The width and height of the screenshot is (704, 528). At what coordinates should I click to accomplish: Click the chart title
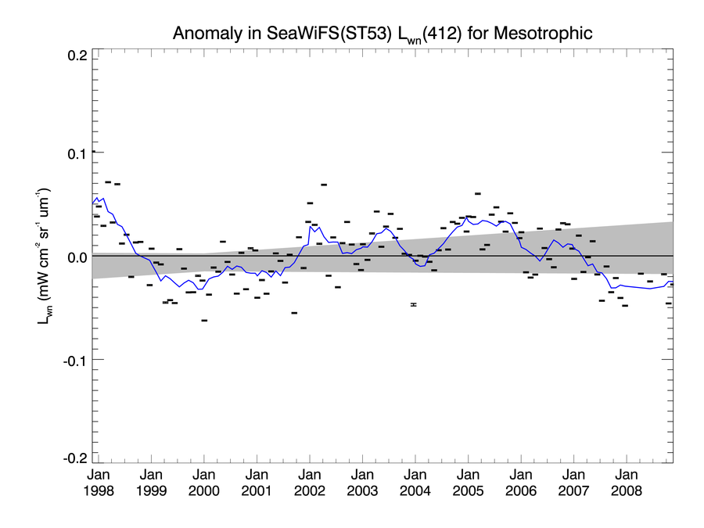click(383, 34)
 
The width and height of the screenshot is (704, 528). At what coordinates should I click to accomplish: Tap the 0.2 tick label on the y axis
click(76, 56)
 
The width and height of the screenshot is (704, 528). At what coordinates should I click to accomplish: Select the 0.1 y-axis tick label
click(76, 154)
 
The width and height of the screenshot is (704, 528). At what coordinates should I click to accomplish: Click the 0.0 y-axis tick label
click(76, 257)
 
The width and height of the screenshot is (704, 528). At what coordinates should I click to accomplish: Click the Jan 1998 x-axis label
click(99, 483)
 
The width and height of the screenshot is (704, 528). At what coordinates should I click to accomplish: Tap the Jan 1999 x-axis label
click(152, 483)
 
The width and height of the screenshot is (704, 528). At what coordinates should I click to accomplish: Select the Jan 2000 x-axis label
click(204, 483)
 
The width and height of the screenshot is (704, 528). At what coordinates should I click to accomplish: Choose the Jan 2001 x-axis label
click(257, 483)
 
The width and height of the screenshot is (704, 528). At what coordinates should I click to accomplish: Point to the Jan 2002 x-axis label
click(310, 483)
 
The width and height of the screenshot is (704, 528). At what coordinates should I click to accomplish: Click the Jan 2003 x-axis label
click(362, 483)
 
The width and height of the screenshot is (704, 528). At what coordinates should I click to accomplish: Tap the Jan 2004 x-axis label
click(415, 483)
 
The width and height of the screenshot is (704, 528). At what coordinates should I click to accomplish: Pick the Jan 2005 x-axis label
click(468, 483)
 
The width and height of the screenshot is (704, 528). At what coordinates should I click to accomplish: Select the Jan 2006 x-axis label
click(521, 483)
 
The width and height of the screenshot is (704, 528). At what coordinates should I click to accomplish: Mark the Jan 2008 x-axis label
click(627, 483)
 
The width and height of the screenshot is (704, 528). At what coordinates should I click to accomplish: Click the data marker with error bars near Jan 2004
click(414, 304)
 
